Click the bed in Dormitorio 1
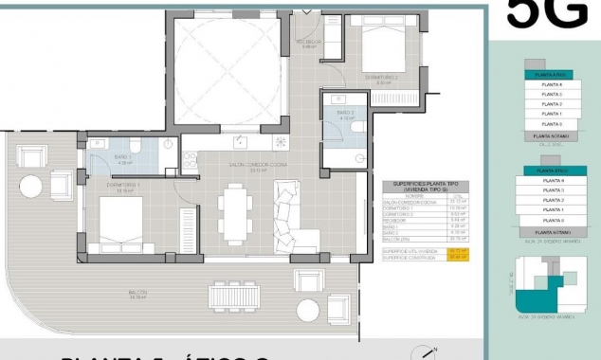(x=111, y=224)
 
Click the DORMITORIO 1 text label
(x=124, y=186)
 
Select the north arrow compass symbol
(x=420, y=352)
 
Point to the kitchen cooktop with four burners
(x=282, y=142)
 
